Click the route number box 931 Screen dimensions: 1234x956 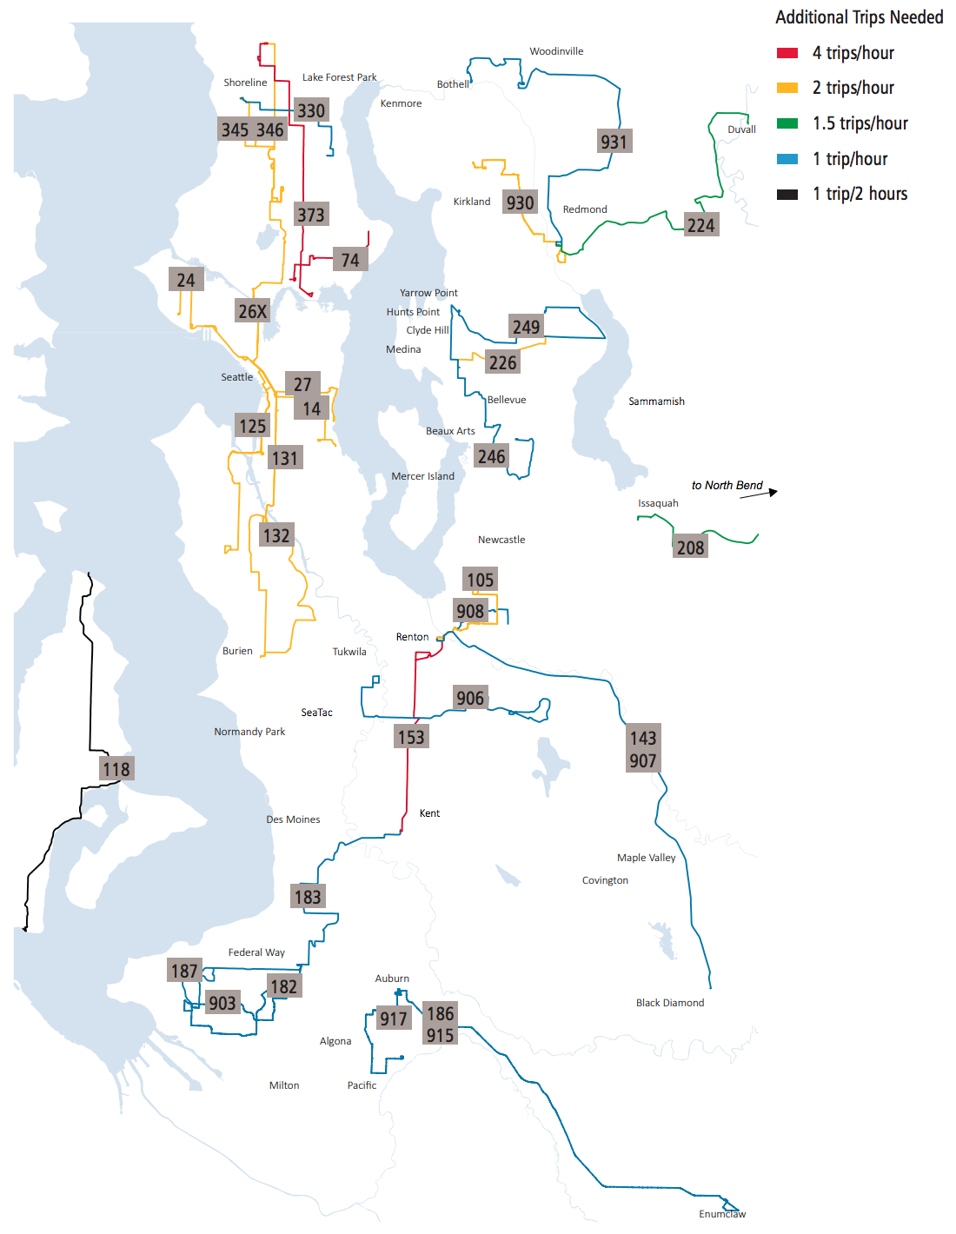614,142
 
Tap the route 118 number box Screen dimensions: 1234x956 116,769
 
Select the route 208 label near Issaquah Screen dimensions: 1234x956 691,547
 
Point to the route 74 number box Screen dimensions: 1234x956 350,260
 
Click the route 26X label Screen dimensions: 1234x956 253,311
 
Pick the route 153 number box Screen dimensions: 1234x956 411,737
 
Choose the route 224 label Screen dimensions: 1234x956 701,225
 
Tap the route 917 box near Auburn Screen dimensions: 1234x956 393,1018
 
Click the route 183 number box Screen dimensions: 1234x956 308,896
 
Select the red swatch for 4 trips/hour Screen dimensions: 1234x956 787,53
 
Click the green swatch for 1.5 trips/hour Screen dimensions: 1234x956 787,123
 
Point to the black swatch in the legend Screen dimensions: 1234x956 787,194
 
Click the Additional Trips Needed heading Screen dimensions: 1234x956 859,17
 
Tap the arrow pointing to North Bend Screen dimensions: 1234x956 759,494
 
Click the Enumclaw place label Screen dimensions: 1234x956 722,1214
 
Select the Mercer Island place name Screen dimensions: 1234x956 422,476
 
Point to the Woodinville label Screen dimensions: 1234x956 556,51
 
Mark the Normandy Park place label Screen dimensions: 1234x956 249,732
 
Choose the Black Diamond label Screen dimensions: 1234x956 670,1003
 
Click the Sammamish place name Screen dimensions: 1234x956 656,401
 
